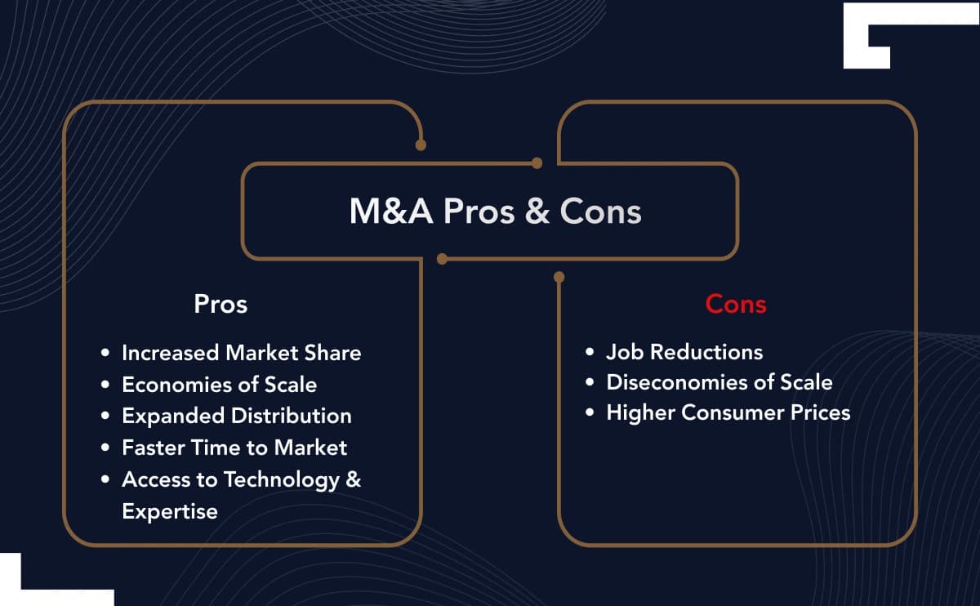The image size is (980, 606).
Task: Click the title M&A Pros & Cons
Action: point(495,212)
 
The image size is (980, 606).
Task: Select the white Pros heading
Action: point(220,305)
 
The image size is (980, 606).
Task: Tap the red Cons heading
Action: point(736,305)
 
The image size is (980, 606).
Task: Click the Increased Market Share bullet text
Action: point(241,353)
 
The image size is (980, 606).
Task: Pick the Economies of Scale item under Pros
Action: point(219,384)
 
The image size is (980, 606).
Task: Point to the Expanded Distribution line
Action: point(237,416)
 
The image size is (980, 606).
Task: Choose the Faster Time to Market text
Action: point(234,448)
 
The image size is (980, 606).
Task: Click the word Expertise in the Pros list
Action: point(170,511)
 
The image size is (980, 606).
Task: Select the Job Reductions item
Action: point(684,352)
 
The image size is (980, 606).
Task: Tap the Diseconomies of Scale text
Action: point(719,382)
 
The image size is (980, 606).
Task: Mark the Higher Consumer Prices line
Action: point(728,412)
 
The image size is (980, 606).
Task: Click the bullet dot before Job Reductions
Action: point(590,353)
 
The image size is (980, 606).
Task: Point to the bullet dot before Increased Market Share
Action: point(105,354)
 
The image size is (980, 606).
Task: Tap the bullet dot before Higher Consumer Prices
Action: point(590,413)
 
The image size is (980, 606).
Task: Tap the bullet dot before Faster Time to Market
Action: point(105,448)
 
